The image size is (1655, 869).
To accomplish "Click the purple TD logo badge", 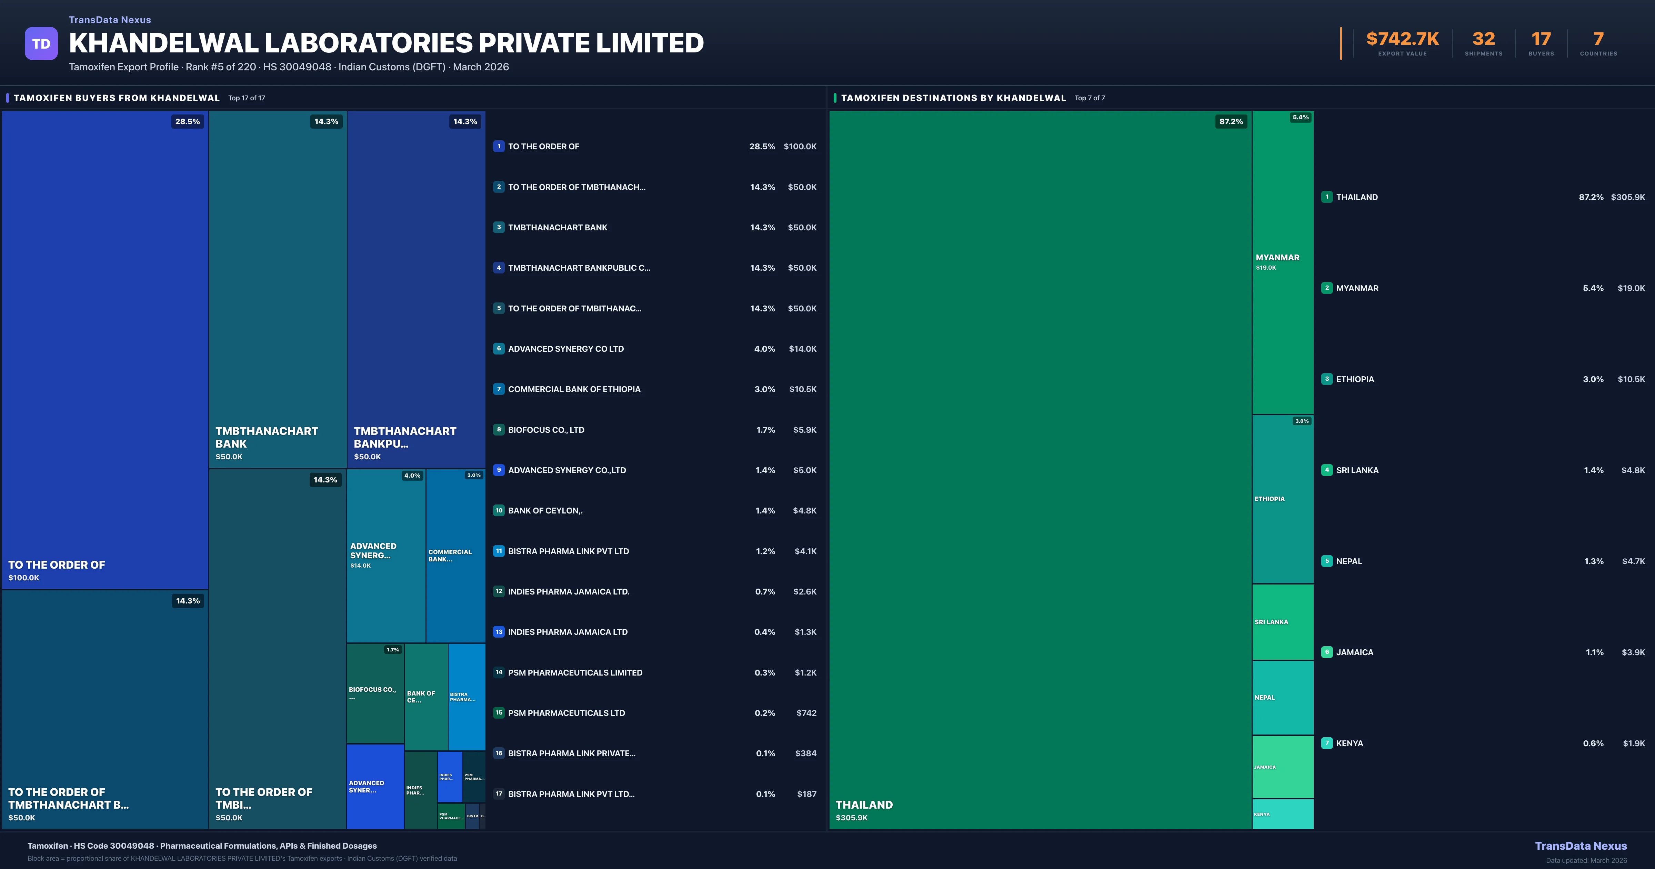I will [x=41, y=44].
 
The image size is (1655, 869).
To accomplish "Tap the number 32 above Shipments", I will [x=1483, y=39].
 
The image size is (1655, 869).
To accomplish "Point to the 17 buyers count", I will [x=1541, y=39].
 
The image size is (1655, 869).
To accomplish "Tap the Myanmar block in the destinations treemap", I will [x=1282, y=262].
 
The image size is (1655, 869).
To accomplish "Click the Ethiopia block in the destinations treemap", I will [x=1282, y=499].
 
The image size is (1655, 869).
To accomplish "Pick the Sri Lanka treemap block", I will [x=1282, y=621].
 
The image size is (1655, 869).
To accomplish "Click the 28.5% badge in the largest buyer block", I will [x=187, y=121].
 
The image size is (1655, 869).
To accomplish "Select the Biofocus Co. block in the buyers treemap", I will [x=374, y=693].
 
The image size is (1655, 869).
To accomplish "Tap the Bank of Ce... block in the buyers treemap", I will [x=425, y=697].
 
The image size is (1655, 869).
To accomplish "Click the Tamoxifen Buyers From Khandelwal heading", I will [x=116, y=98].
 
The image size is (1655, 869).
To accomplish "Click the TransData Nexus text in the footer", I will [x=1581, y=846].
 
